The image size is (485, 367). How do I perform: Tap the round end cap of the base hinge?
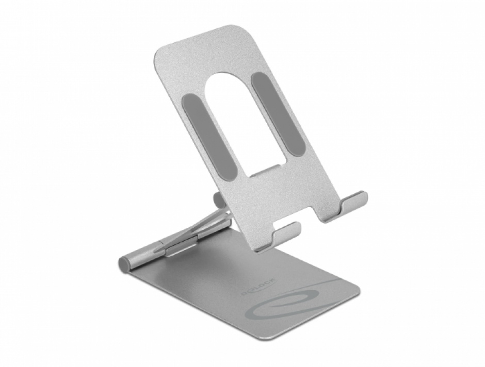pos(124,264)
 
